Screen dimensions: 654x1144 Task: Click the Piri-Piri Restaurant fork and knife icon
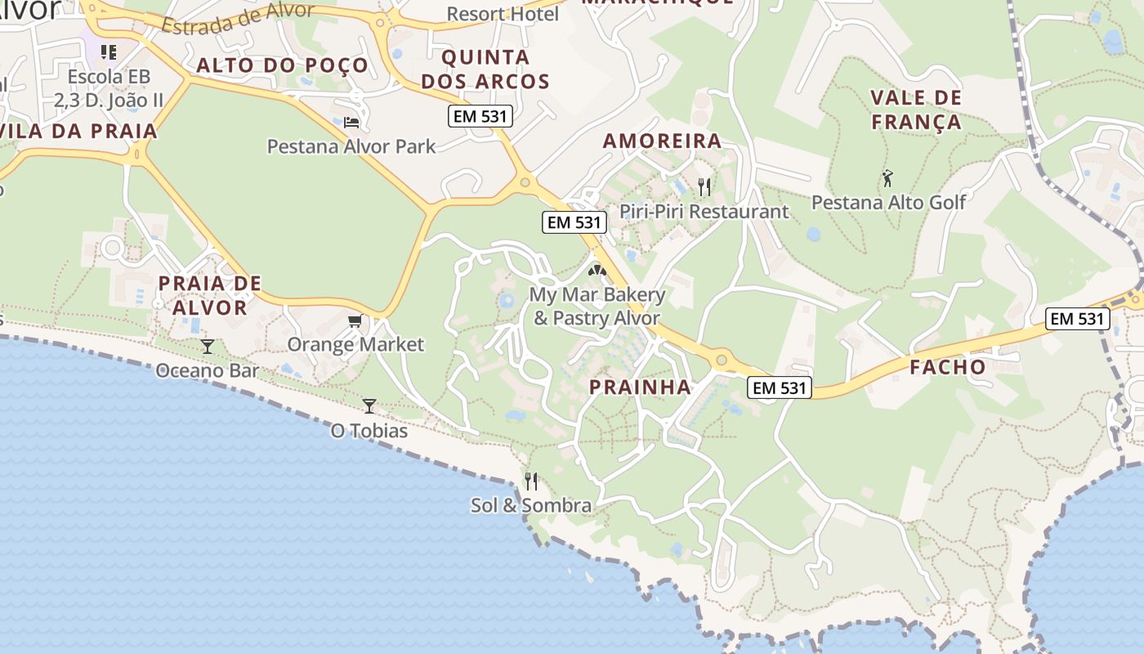[704, 187]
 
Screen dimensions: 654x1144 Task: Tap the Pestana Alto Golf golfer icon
[888, 177]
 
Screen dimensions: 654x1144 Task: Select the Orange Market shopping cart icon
[355, 320]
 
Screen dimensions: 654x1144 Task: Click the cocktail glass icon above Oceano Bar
[208, 347]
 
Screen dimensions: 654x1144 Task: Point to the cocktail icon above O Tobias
[369, 405]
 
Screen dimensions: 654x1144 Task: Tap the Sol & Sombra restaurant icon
[531, 481]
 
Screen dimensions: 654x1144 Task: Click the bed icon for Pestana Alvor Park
[351, 123]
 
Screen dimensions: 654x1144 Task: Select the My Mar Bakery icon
[597, 269]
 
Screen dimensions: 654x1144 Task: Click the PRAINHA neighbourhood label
[640, 387]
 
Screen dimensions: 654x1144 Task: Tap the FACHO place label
[948, 367]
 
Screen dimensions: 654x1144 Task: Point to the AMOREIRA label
[662, 141]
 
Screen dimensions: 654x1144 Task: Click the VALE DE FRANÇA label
[916, 110]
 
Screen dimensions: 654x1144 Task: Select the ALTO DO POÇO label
[282, 65]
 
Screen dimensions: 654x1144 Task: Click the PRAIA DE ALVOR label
[210, 295]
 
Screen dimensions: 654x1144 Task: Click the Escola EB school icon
[109, 52]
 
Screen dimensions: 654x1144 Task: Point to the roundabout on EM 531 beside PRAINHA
[721, 359]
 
